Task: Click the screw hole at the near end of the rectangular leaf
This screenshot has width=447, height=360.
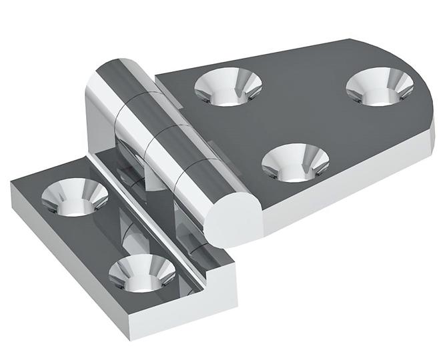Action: pyautogui.click(x=142, y=273)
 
